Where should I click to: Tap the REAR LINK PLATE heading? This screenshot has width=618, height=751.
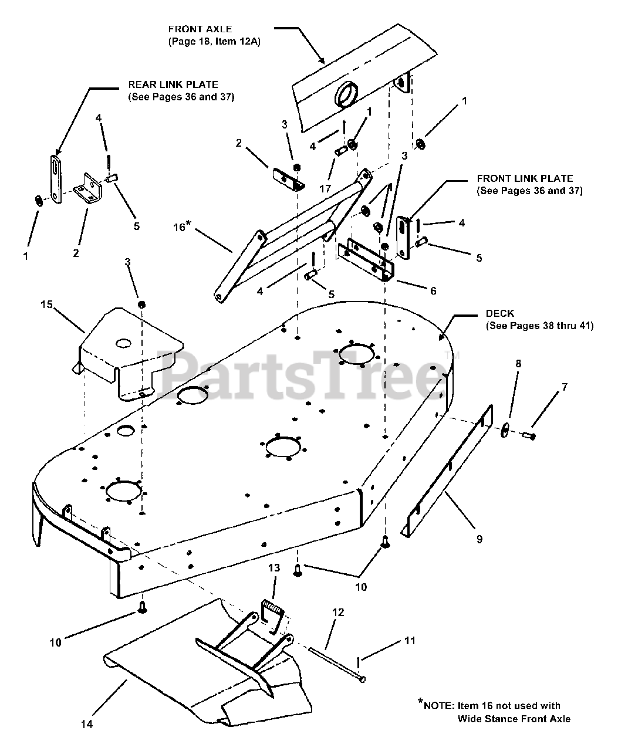click(x=173, y=85)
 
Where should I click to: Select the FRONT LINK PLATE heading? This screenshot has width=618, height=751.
click(x=525, y=178)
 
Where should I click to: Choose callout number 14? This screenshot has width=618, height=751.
click(x=86, y=725)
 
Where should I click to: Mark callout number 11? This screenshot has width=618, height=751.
click(x=409, y=640)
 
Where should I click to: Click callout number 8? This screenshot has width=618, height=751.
click(x=518, y=364)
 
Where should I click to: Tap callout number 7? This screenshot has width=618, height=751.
click(x=565, y=387)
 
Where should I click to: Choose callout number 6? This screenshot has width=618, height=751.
click(x=433, y=290)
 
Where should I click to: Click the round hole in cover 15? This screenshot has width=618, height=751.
click(x=124, y=341)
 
